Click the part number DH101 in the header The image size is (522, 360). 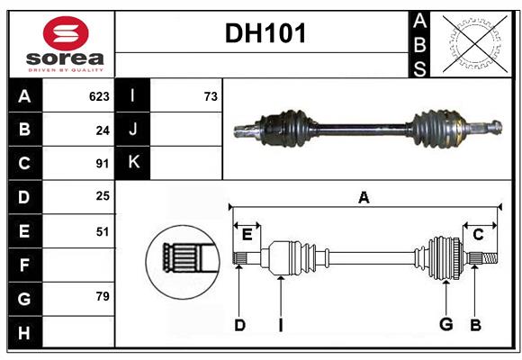[265, 33]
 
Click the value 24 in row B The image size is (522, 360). [102, 130]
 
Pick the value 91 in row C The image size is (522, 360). [102, 164]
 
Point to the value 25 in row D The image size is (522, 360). [102, 197]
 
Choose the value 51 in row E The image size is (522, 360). [102, 231]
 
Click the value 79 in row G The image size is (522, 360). [102, 296]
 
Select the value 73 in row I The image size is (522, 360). [211, 96]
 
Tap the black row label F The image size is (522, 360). [24, 265]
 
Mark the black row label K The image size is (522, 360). [133, 163]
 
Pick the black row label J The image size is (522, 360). [133, 130]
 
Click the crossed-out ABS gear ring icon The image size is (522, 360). [471, 43]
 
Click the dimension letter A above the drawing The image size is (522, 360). [364, 198]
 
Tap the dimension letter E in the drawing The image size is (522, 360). [247, 234]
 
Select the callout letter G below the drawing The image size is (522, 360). [445, 325]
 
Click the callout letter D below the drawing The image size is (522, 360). [239, 325]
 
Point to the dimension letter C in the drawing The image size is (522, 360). [479, 234]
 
